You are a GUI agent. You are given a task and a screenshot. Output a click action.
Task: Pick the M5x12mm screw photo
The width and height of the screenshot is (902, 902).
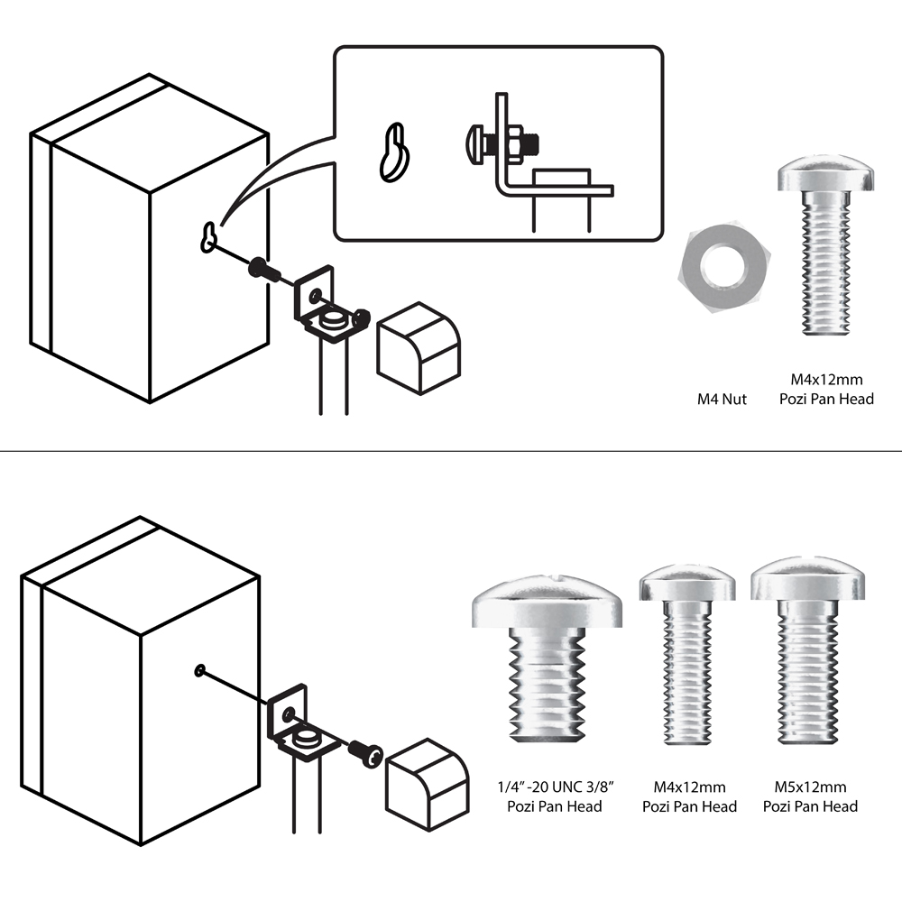[x=805, y=654]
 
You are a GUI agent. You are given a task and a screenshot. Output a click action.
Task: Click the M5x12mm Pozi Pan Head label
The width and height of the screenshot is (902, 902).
[x=810, y=797]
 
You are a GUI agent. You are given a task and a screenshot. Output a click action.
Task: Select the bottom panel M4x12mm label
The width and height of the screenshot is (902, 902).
[x=689, y=797]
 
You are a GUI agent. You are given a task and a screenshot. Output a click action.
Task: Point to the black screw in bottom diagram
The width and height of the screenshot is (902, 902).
[x=366, y=752]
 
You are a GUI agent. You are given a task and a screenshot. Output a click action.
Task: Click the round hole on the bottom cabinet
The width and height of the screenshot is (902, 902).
[x=199, y=669]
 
